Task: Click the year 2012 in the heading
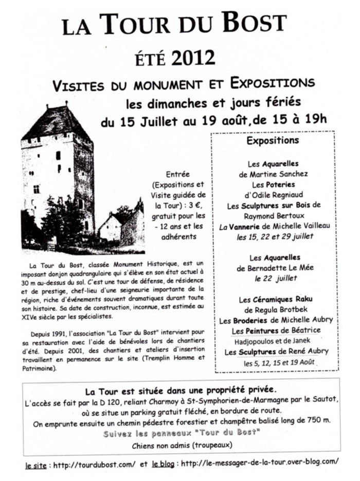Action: point(193,58)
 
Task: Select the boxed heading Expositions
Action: point(273,140)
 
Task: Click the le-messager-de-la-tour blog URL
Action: point(260,461)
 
